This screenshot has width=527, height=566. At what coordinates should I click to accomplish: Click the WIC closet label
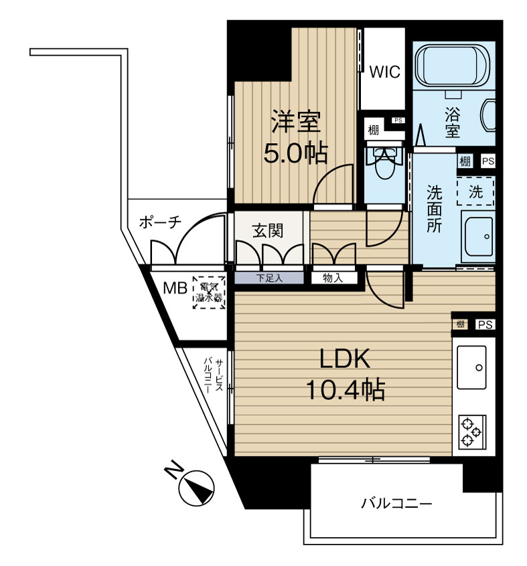point(384,72)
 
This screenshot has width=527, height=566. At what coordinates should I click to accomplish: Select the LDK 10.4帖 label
point(346,375)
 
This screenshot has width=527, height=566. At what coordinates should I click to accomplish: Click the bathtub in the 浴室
point(452,65)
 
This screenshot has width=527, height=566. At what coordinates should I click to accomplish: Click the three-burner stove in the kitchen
point(471,432)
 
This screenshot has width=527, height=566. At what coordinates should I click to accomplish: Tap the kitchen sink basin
point(471,367)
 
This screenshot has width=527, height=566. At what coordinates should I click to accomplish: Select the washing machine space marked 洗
point(475,191)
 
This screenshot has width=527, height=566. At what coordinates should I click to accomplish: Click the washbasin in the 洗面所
point(477,236)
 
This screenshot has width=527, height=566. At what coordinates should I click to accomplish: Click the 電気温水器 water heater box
point(209,293)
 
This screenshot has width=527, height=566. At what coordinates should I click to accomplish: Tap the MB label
point(175,288)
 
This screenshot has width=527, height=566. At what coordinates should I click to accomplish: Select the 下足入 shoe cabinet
point(269,278)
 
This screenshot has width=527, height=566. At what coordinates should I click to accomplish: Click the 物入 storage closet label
point(333,278)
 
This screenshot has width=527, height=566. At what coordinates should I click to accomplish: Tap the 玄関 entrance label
point(268,231)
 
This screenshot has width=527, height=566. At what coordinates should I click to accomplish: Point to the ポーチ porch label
point(160,222)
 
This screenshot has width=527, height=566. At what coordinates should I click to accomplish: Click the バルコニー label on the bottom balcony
point(396,503)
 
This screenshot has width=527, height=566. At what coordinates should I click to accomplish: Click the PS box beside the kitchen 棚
point(485,325)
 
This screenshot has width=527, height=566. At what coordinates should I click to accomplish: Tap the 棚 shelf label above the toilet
point(374,130)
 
